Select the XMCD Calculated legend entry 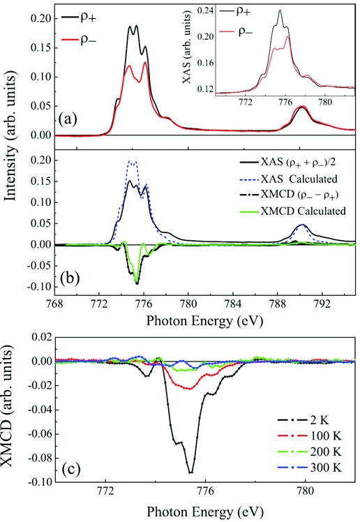tap(292, 211)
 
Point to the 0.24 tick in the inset tap(204, 10)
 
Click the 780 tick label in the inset tap(325, 101)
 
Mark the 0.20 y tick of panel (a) tap(42, 19)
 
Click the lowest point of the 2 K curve tap(190, 472)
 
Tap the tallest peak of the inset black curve tap(280, 10)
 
